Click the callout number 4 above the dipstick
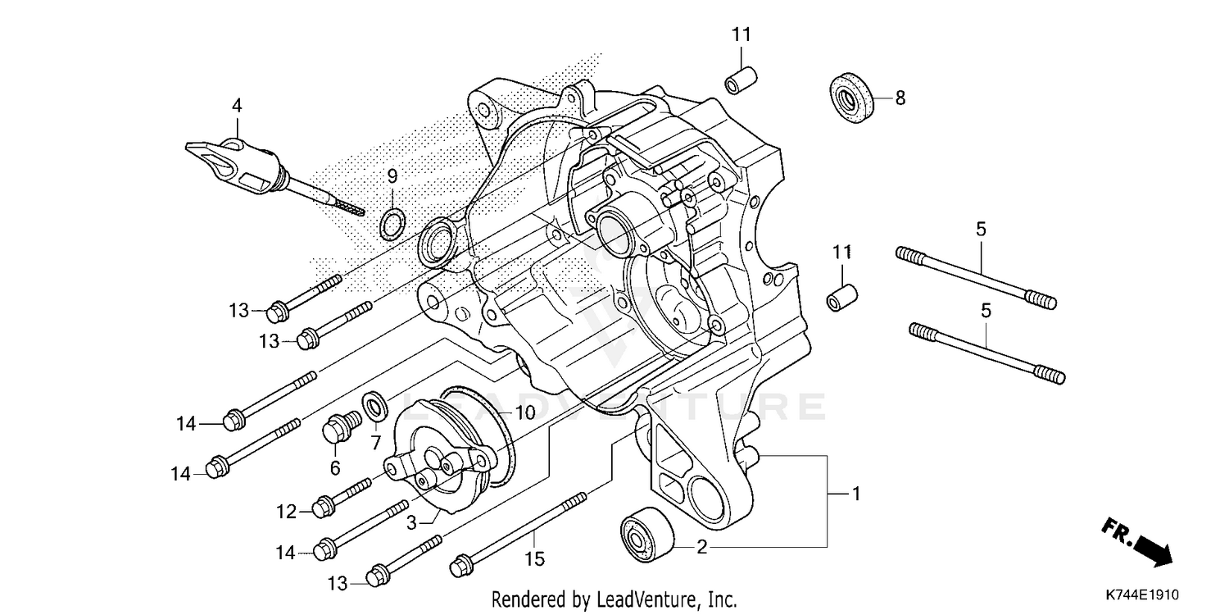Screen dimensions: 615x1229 237,106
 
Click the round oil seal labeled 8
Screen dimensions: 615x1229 851,98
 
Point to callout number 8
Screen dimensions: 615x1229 900,98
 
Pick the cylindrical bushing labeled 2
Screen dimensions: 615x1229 646,535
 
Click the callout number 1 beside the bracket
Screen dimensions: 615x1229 856,494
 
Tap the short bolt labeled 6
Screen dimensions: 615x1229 338,428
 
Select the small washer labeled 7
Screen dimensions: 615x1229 377,404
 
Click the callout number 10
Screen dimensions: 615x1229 524,413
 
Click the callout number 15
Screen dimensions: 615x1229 534,560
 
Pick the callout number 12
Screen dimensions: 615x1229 285,512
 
